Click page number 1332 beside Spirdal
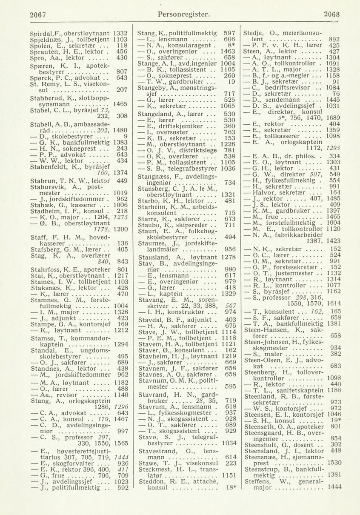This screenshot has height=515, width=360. pyautogui.click(x=121, y=32)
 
